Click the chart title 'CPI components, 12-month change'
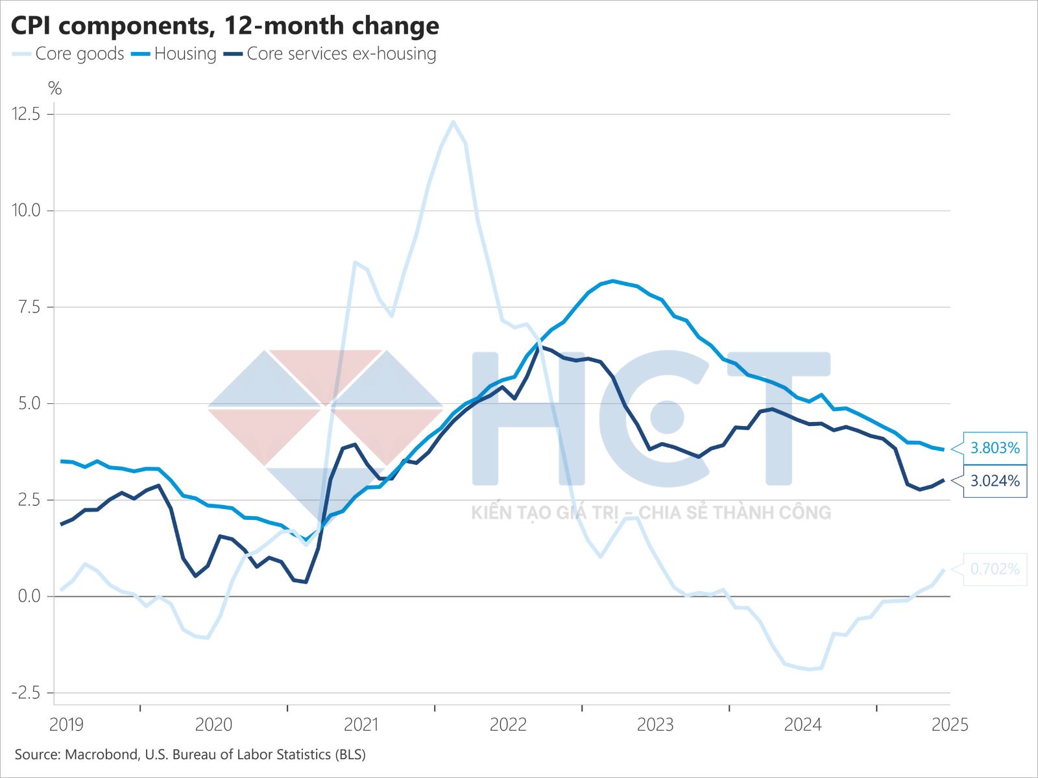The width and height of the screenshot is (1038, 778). tap(225, 26)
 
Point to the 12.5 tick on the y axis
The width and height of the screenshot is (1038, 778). tap(27, 114)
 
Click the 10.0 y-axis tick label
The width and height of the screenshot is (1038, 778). tap(27, 211)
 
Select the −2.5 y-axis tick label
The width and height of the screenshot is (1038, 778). tap(27, 693)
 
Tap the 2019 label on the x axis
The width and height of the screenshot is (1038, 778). tap(66, 725)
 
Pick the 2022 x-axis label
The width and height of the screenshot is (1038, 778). tap(508, 725)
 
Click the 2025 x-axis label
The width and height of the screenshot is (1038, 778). tap(950, 725)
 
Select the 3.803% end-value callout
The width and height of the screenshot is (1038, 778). tap(995, 448)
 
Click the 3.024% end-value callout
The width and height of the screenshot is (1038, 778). tap(995, 481)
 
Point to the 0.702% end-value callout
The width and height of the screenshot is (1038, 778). tap(995, 569)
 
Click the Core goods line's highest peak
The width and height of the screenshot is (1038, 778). tap(453, 121)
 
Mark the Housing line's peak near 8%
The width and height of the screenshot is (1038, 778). tap(613, 281)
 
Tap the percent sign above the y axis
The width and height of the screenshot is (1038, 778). tap(55, 89)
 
